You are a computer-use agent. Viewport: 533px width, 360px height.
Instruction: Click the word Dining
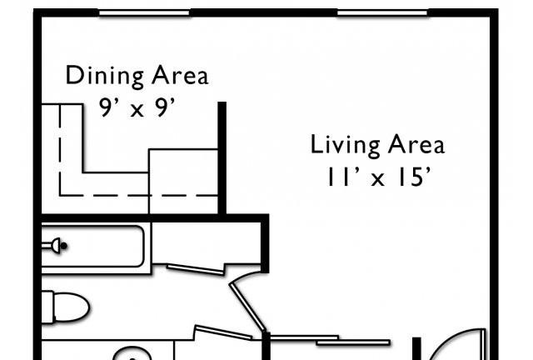[x=105, y=77]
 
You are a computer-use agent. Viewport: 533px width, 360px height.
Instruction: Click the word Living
[x=345, y=145]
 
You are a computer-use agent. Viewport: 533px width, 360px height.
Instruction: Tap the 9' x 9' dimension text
[x=137, y=107]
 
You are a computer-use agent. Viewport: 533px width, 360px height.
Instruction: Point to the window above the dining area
[x=144, y=13]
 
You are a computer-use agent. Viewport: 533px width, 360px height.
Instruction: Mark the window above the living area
[x=382, y=13]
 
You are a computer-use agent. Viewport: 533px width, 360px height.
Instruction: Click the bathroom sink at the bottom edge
[x=132, y=354]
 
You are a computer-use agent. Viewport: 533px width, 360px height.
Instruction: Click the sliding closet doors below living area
[x=330, y=340]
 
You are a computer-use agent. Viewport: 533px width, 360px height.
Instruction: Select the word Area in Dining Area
[x=180, y=76]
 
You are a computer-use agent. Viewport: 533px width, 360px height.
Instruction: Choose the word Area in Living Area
[x=416, y=144]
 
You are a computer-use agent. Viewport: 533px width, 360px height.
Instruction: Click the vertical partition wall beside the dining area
[x=222, y=157]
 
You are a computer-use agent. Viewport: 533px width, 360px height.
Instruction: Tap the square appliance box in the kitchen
[x=183, y=182]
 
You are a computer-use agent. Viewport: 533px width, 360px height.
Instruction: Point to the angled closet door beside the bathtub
[x=196, y=270]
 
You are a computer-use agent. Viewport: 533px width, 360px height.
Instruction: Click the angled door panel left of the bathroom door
[x=223, y=332]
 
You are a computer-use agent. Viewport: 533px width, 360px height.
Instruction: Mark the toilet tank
[x=47, y=307]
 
